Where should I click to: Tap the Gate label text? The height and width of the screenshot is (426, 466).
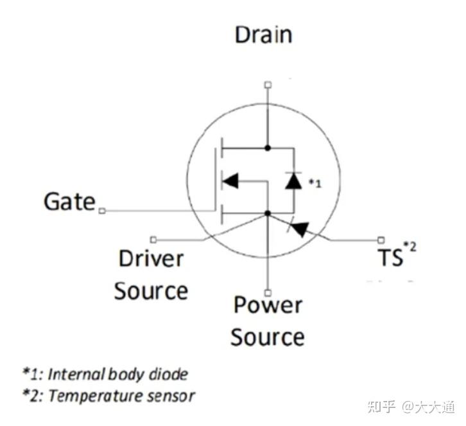pos(69,202)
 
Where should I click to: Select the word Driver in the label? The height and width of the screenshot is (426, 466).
pos(151,259)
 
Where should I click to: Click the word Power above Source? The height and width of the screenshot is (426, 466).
pos(268,305)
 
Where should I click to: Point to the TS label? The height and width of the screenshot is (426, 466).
pos(390,258)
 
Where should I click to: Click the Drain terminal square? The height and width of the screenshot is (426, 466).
pos(268,84)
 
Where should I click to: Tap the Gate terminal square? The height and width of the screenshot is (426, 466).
pos(101,211)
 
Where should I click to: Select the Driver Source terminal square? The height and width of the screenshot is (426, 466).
pos(153,239)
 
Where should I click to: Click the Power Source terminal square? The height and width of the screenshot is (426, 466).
pos(268,291)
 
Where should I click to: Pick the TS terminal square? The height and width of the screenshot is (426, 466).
pos(382,239)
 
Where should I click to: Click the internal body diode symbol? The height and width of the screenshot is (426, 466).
pos(293,181)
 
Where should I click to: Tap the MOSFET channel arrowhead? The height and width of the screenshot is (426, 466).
pos(230,181)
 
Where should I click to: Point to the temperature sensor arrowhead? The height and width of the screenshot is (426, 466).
pos(300,227)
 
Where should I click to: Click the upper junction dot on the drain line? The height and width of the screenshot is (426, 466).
pos(268,148)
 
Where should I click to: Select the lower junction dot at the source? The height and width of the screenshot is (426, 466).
pos(268,213)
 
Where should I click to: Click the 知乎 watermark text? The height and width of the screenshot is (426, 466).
pos(380,406)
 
